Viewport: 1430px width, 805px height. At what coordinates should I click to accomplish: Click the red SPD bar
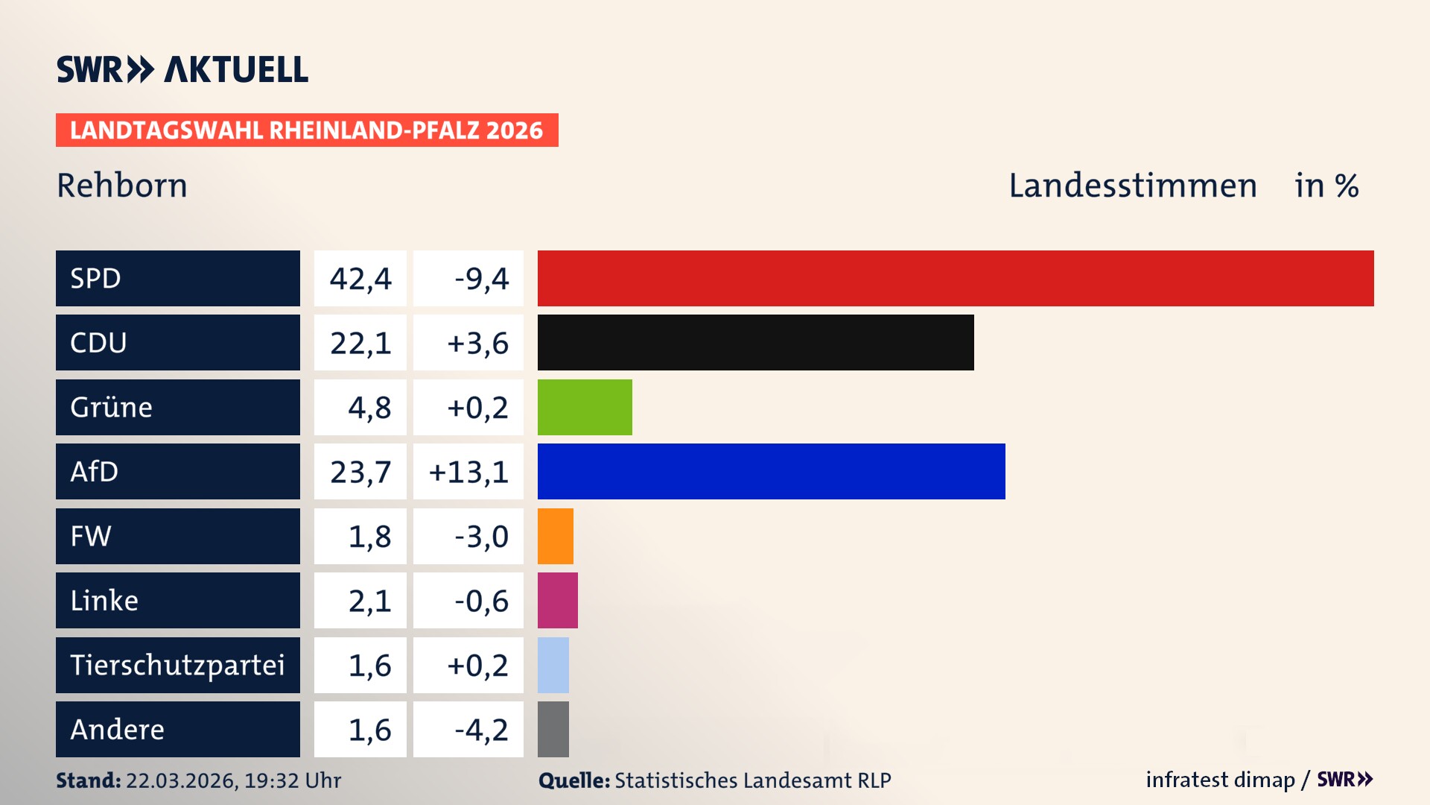click(x=956, y=278)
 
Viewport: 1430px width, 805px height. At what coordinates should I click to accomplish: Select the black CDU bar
click(x=755, y=343)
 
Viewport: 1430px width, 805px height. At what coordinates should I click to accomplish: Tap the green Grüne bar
click(x=585, y=407)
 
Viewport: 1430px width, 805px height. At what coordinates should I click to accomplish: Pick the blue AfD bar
click(x=771, y=471)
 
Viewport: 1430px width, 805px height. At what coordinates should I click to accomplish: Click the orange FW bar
click(x=556, y=536)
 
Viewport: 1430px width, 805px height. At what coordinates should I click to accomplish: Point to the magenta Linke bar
click(x=558, y=600)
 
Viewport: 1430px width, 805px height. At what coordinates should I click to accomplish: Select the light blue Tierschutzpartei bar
click(x=553, y=665)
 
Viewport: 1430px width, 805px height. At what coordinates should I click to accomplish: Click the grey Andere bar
click(x=553, y=729)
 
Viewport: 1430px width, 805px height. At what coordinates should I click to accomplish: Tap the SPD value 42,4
click(x=360, y=279)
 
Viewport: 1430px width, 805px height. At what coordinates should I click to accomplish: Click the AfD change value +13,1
click(x=468, y=472)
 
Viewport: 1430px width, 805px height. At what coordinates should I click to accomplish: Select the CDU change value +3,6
click(x=477, y=344)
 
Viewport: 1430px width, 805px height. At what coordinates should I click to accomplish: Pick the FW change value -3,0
click(x=481, y=537)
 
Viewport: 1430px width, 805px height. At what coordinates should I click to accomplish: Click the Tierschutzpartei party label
click(x=177, y=665)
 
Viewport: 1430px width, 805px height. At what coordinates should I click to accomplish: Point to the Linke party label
click(x=104, y=601)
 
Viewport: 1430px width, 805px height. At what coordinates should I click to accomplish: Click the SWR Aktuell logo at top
click(x=182, y=69)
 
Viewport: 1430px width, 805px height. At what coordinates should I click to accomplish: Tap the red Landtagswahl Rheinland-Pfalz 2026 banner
click(x=307, y=130)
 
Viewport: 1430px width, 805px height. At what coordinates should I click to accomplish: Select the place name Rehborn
click(x=122, y=186)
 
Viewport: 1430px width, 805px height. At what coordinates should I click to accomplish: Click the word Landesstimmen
click(x=1132, y=186)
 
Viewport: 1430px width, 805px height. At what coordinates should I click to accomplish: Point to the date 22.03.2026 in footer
click(x=181, y=780)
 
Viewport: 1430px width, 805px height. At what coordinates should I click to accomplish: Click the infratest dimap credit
click(x=1220, y=780)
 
